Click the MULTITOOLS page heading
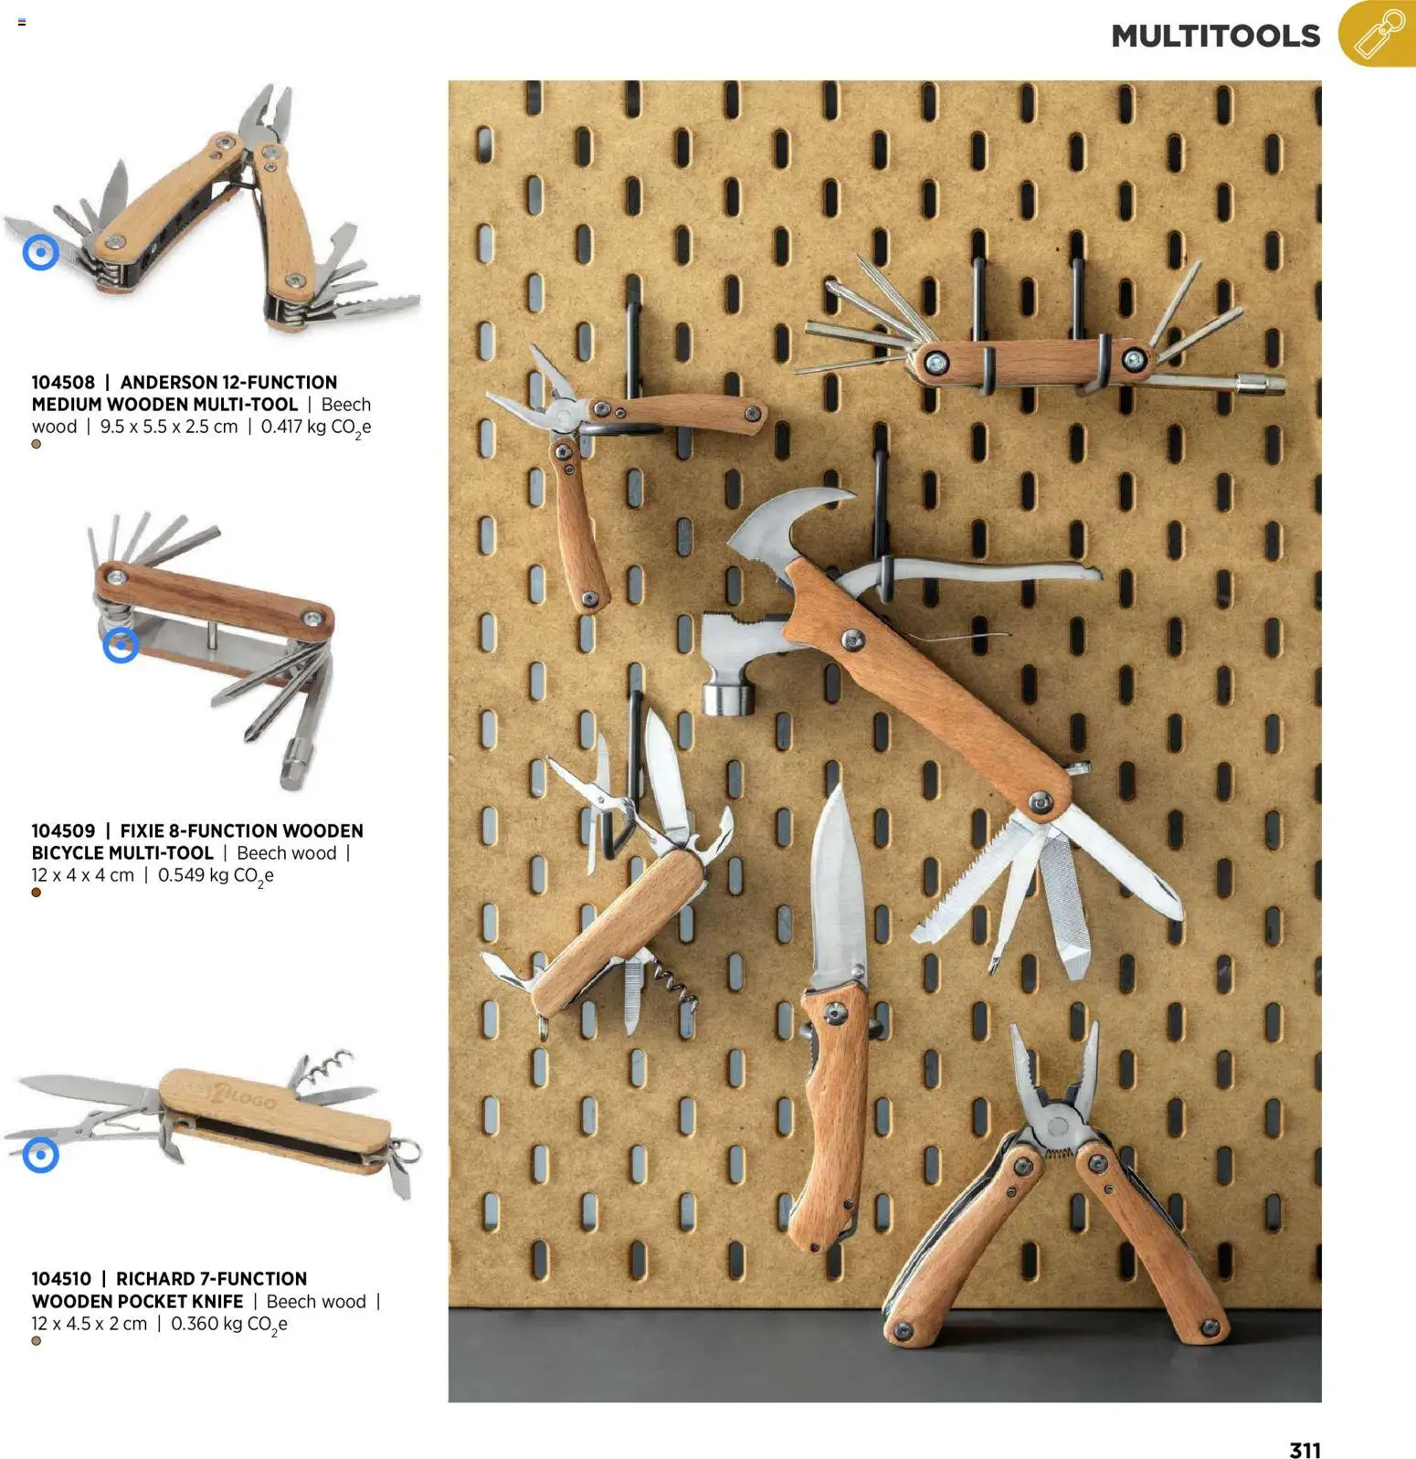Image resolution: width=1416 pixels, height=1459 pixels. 1215,36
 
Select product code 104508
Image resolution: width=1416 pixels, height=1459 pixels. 63,382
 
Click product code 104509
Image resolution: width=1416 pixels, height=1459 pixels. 63,830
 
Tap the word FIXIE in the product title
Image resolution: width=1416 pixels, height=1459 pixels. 143,830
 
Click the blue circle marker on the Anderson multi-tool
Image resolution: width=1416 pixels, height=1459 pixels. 40,252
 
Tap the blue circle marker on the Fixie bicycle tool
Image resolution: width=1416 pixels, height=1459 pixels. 121,645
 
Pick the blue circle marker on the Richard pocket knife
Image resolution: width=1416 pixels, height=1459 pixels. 40,1154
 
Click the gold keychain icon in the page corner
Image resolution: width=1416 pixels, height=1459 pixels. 1378,34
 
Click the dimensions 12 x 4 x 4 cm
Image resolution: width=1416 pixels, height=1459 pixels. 82,875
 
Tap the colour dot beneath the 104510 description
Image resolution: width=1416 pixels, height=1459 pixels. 37,1341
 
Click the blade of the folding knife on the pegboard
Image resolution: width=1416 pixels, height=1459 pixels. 837,886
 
